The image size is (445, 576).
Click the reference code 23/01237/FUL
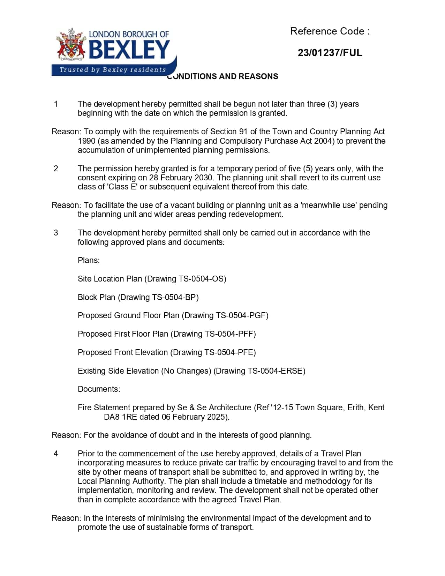coord(330,53)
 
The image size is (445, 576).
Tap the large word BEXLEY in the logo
coord(129,50)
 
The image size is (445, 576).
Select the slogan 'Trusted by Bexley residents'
coord(113,70)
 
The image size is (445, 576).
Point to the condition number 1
coord(56,104)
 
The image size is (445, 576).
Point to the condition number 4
coord(56,454)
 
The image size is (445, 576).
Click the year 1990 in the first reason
coord(86,141)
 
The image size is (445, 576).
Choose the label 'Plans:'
coord(89,260)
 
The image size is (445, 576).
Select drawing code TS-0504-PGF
coord(241,315)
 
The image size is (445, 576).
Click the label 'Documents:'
coord(99,389)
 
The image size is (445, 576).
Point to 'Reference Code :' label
coord(330,31)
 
